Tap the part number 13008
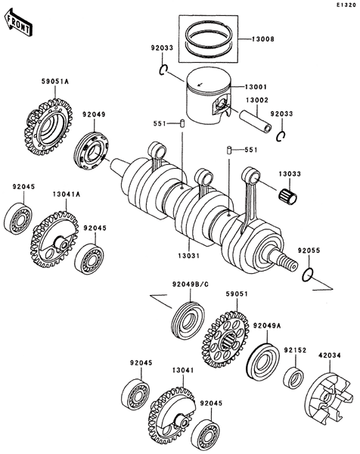point(262,39)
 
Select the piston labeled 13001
point(208,98)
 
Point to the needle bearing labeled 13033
point(287,195)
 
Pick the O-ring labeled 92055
point(308,275)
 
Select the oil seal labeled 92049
point(91,151)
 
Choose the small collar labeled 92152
point(293,377)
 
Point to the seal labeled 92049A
point(263,361)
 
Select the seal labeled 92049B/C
point(188,321)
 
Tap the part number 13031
point(189,256)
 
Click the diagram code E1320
point(346,5)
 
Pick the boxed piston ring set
point(208,39)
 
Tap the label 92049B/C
point(191,285)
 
